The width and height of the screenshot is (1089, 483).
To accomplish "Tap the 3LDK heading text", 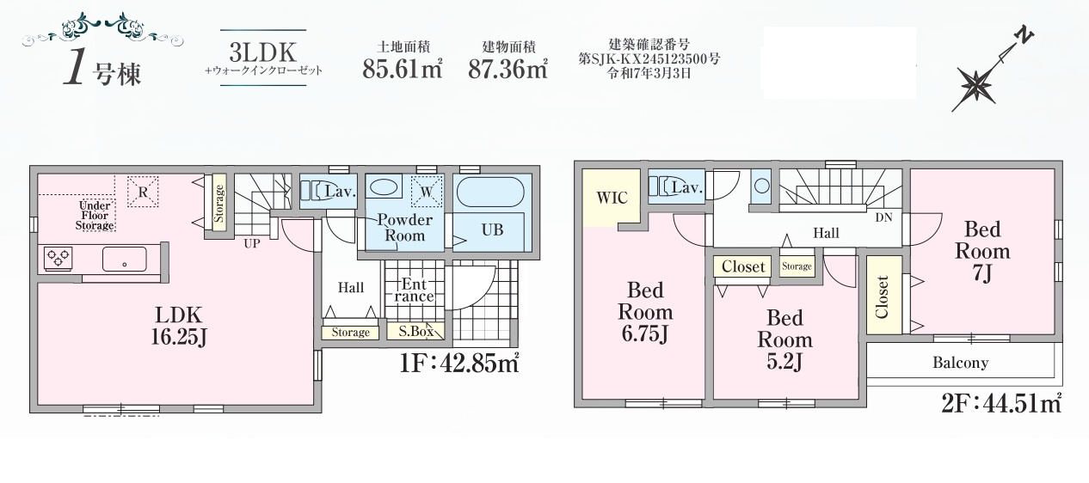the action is coord(263,52).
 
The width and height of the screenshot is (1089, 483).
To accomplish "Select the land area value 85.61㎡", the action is coord(403,69).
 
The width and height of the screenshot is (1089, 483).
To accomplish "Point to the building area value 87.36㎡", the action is coord(508,69).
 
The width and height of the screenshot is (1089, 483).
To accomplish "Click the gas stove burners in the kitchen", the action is coord(58,258).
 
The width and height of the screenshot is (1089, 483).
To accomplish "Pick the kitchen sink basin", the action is coord(125,259).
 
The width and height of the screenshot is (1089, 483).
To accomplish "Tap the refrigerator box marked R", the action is coord(143,191).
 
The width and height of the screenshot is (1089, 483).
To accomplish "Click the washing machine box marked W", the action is coord(427,191).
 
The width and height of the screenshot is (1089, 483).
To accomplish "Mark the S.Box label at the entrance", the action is coord(416,332).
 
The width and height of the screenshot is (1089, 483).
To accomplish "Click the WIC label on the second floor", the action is coord(612,198).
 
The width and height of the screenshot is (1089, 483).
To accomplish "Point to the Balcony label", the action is coord(960,363).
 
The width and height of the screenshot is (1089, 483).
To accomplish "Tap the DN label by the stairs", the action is coord(883,217).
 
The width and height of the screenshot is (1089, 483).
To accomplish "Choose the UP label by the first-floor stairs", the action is coord(252,243).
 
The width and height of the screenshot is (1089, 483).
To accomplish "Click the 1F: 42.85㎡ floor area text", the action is coord(459,363).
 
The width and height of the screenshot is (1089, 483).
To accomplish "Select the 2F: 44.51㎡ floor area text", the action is coord(1001,403).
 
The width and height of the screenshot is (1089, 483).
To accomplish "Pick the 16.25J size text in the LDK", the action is coord(179,337).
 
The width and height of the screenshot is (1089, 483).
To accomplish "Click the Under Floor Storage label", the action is coord(95,215).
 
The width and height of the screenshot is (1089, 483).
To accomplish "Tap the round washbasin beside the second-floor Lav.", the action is coord(761,186).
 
